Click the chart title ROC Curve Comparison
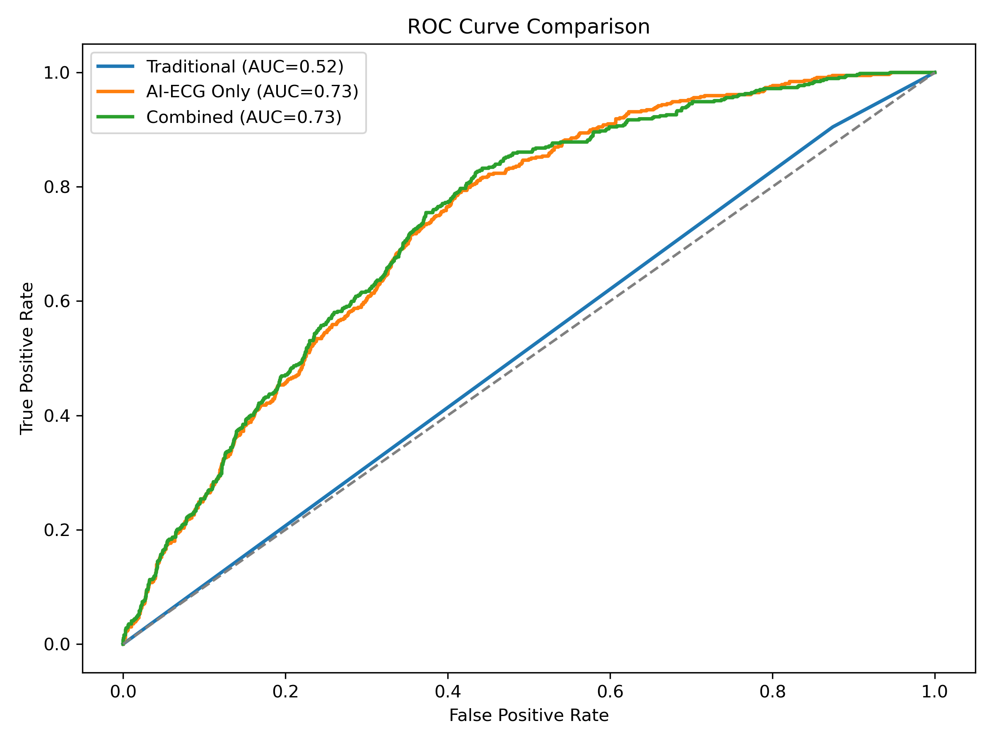[528, 27]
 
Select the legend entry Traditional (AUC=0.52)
[245, 67]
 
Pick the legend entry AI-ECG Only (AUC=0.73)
[252, 91]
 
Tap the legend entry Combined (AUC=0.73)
[244, 117]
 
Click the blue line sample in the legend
[116, 67]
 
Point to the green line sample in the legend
[116, 117]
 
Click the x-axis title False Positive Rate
[529, 715]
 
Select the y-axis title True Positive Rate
[27, 358]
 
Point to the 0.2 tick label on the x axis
[285, 692]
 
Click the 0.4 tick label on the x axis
[448, 692]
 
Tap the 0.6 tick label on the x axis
[610, 692]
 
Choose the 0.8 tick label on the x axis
[772, 692]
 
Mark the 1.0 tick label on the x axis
[935, 692]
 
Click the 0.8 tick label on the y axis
[57, 187]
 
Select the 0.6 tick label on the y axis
[57, 301]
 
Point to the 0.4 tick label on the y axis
[57, 416]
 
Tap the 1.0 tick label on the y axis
[57, 73]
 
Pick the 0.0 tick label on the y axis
[57, 644]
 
